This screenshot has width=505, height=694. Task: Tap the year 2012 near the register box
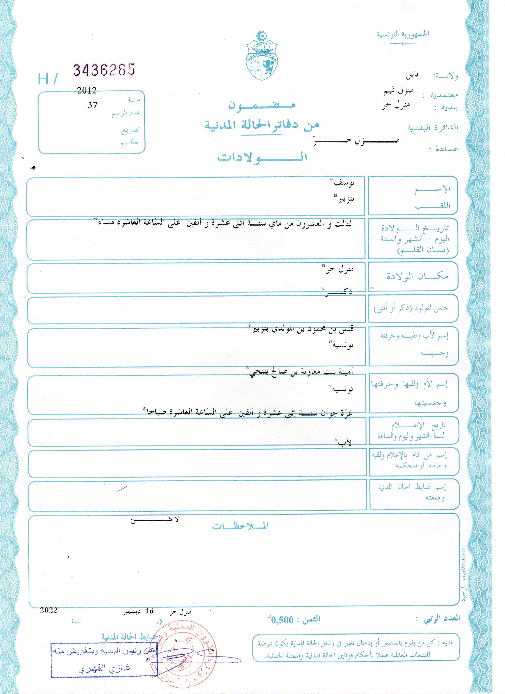pyautogui.click(x=87, y=91)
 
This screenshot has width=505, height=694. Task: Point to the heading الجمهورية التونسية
pyautogui.click(x=403, y=34)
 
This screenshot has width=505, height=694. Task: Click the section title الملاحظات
pyautogui.click(x=240, y=526)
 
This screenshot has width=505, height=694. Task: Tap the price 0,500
pyautogui.click(x=282, y=620)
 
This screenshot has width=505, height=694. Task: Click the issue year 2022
pyautogui.click(x=49, y=610)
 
